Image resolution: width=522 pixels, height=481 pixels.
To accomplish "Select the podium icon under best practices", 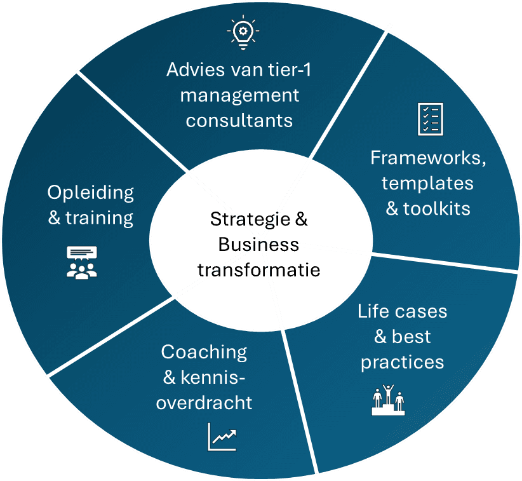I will pyautogui.click(x=387, y=400).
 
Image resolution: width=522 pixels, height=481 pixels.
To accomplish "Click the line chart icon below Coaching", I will pyautogui.click(x=222, y=437).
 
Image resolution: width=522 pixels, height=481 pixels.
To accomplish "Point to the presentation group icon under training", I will pyautogui.click(x=83, y=262).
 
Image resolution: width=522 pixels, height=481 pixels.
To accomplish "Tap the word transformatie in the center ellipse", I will pyautogui.click(x=258, y=269).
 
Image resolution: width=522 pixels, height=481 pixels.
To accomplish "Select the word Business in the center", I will pyautogui.click(x=258, y=245).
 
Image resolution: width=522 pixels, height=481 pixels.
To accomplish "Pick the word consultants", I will pyautogui.click(x=239, y=120).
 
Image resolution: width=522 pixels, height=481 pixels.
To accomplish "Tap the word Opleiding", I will pyautogui.click(x=91, y=193).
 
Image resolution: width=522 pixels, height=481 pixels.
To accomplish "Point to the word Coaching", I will pyautogui.click(x=204, y=351).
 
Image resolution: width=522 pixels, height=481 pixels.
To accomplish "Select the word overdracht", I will pyautogui.click(x=204, y=402).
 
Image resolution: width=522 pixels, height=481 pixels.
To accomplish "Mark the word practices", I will pyautogui.click(x=403, y=362).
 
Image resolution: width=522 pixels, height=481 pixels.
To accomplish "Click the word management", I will pyautogui.click(x=239, y=95).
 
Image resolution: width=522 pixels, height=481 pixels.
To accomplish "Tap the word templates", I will pyautogui.click(x=428, y=183).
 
